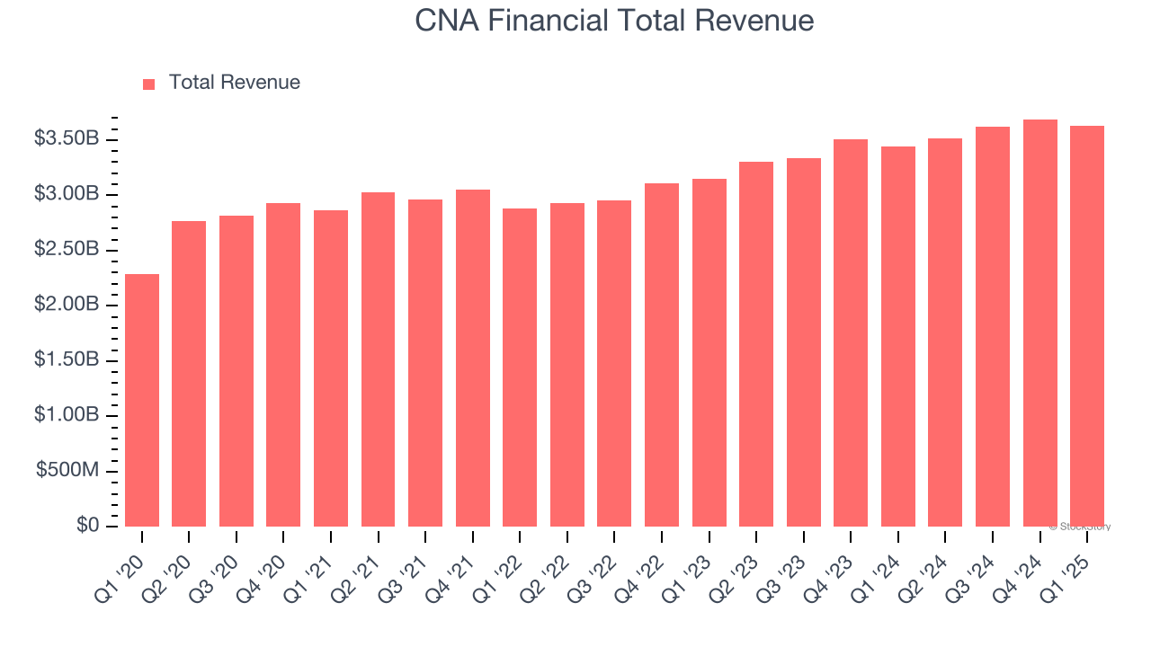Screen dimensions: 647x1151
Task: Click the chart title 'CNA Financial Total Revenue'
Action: tap(614, 21)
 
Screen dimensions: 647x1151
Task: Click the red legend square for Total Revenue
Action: tap(149, 84)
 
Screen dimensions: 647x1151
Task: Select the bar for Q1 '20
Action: tap(142, 400)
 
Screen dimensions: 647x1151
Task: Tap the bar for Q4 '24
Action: tap(1039, 323)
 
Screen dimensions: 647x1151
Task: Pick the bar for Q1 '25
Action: tap(1087, 326)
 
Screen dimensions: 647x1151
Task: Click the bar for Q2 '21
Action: tap(378, 359)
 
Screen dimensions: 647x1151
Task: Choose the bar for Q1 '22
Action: tap(520, 368)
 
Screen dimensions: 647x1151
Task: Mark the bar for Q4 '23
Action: tap(851, 332)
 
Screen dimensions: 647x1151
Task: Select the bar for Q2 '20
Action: tap(189, 374)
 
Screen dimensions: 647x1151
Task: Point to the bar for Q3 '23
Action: tap(803, 342)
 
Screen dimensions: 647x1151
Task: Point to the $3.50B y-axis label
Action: tap(67, 139)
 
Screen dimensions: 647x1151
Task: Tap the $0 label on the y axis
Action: tap(87, 526)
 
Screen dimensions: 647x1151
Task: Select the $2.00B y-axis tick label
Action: tap(67, 306)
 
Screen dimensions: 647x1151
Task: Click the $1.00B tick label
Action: tap(67, 416)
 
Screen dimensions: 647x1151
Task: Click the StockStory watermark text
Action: tap(1079, 527)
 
